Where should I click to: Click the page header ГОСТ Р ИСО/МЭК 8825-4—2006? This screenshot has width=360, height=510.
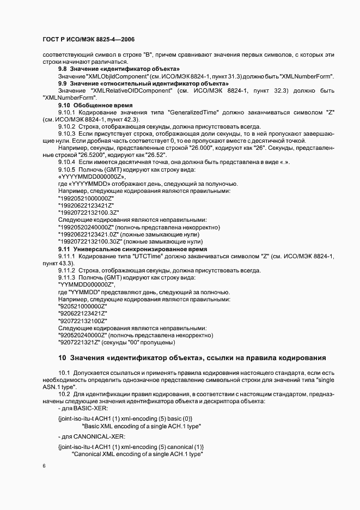(88, 39)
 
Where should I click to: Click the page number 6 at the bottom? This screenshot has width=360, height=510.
(44, 466)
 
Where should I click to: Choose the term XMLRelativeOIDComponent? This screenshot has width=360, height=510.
(134, 90)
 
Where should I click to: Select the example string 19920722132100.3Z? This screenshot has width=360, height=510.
(88, 212)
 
